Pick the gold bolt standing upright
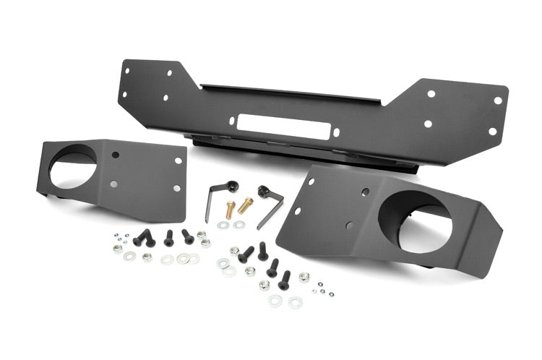coord(231,210)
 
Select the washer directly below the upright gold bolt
coord(223,226)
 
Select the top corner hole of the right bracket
coord(311,181)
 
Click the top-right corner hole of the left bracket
coord(178,160)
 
